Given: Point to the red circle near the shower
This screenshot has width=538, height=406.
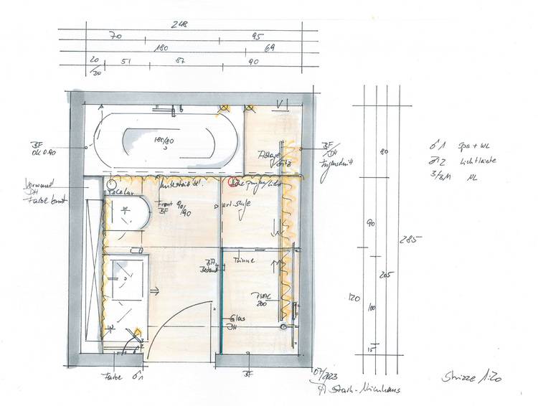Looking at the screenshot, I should tap(232, 181).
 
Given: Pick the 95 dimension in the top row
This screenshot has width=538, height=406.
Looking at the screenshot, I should tap(256, 36).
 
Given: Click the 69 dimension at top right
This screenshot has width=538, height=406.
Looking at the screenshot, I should tap(270, 48).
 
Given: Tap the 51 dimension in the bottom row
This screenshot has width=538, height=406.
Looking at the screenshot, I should tap(126, 62).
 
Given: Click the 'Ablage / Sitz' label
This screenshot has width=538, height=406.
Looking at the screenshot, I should tap(267, 158).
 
